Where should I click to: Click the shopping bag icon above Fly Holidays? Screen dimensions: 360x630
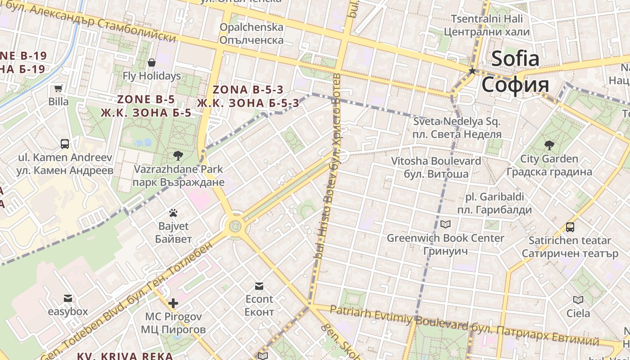tap(152, 63)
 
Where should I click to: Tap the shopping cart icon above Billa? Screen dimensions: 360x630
tap(58, 89)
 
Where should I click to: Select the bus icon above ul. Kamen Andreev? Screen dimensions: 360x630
tap(65, 144)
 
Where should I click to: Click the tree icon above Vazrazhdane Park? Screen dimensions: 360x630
tap(178, 156)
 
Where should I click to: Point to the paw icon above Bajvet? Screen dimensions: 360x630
tap(173, 212)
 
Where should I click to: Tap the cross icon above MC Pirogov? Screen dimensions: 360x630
tap(173, 303)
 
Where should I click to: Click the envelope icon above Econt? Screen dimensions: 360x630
tap(259, 286)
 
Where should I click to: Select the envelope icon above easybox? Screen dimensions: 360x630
tap(68, 298)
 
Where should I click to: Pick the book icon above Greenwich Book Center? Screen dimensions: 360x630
tap(445, 224)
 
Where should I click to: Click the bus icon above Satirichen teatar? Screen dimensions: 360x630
tap(570, 227)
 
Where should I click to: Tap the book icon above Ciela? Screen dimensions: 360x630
tap(578, 300)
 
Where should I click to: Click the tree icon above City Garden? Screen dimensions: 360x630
tap(549, 145)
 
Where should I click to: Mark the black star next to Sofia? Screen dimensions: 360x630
tap(472, 71)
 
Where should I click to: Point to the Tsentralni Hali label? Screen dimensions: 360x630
tap(487, 19)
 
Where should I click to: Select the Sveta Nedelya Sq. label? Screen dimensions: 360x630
tap(457, 121)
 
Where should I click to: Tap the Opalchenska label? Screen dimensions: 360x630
tap(252, 27)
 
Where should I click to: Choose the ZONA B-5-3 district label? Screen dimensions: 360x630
tap(248, 90)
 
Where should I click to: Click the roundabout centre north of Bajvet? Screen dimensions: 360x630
tap(235, 225)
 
